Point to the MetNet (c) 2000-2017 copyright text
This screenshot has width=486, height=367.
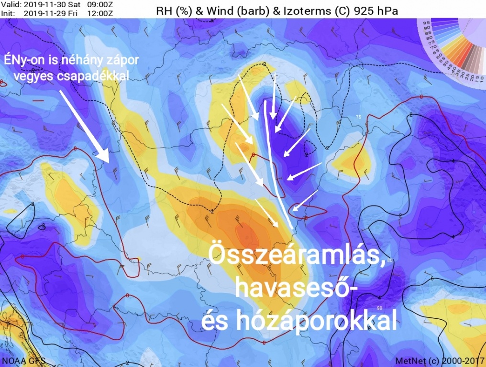tap(440, 360)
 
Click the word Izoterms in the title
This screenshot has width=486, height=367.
tap(304, 10)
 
